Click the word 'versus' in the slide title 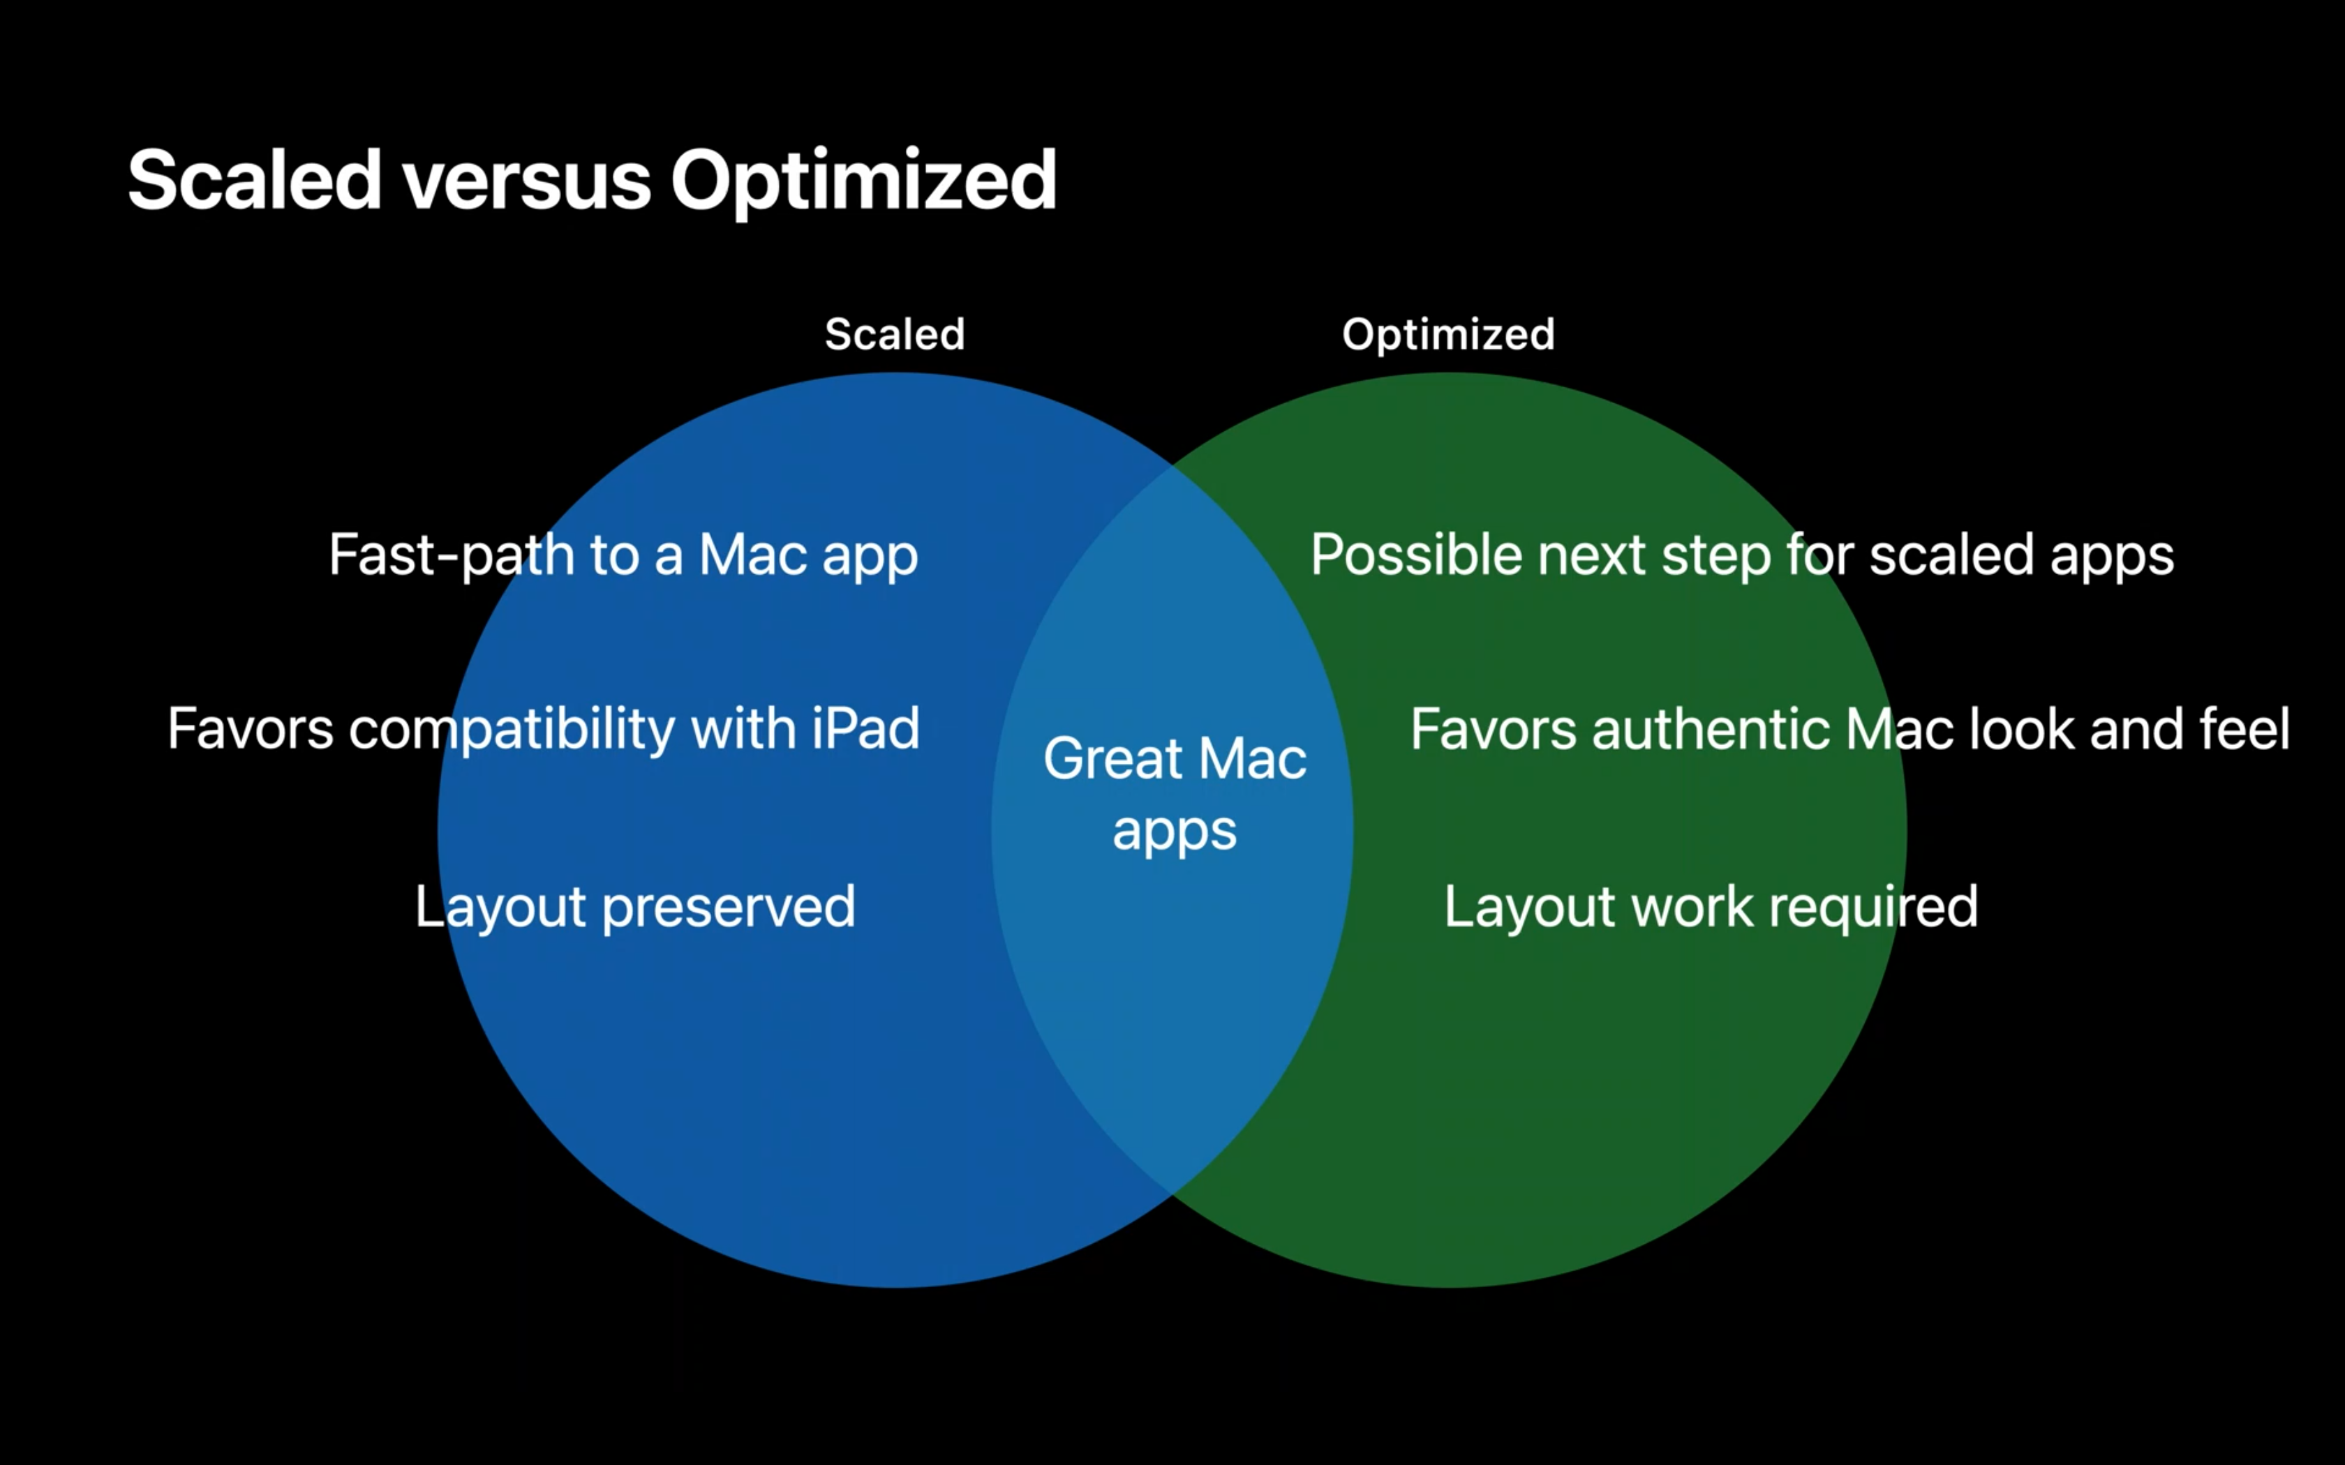click(x=526, y=181)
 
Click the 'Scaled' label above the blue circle click(x=895, y=334)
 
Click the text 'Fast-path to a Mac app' click(x=623, y=556)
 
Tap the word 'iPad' click(x=865, y=728)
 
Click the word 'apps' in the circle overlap click(x=1175, y=832)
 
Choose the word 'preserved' click(x=729, y=908)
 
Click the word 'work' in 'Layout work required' click(x=1692, y=907)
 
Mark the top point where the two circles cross click(x=1172, y=465)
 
